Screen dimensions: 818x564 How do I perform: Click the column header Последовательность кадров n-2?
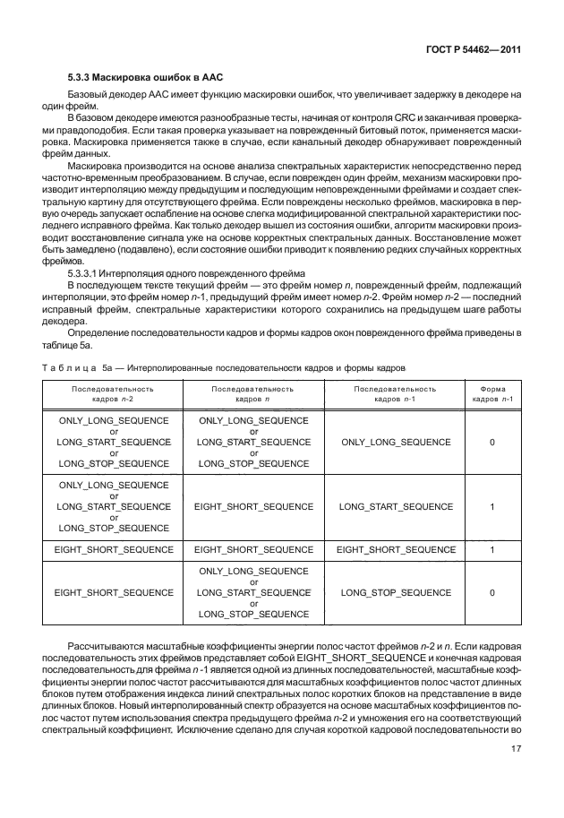[x=113, y=394]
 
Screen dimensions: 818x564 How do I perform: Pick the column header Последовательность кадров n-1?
[x=396, y=394]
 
